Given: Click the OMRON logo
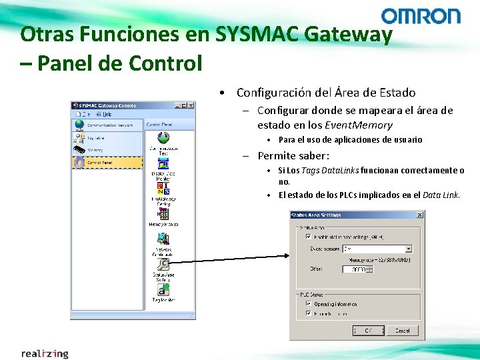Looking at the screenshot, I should [x=421, y=16].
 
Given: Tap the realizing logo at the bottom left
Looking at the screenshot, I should [x=45, y=353].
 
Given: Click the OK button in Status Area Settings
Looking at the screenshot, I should [x=367, y=330].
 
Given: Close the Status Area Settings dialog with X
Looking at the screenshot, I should [x=420, y=215].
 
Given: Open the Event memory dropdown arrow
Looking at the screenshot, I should [x=409, y=249].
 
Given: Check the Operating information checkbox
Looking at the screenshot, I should [x=308, y=303].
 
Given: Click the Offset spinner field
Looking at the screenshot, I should [x=357, y=269].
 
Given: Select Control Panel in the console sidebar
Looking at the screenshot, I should [x=99, y=162].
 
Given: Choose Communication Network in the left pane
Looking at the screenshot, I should [x=107, y=125].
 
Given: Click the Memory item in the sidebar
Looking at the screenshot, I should [x=96, y=150].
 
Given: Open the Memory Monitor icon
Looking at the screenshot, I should [x=163, y=214].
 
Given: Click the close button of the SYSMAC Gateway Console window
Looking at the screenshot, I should [x=191, y=105].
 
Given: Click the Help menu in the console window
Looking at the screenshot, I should [x=107, y=114].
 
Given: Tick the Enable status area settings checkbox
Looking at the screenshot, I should [x=308, y=236].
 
